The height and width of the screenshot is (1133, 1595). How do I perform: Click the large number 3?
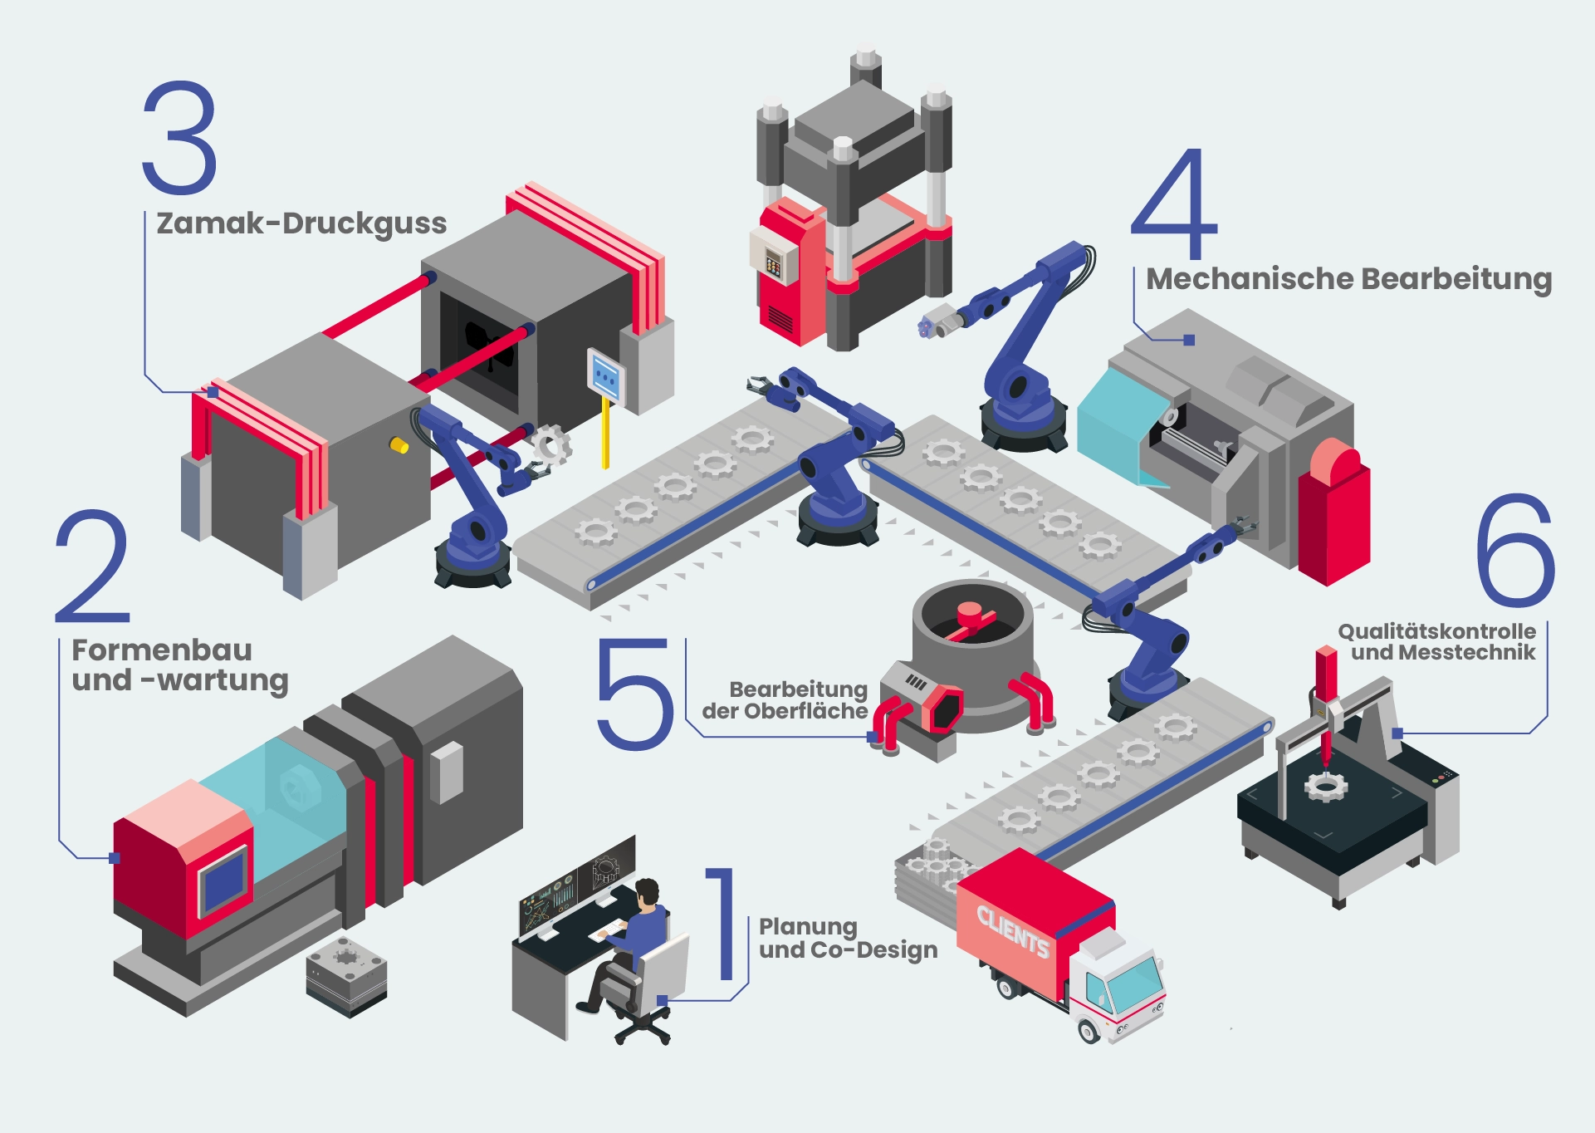click(180, 137)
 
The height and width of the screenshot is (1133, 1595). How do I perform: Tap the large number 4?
click(1174, 204)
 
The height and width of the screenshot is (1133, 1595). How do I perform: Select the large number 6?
click(1515, 550)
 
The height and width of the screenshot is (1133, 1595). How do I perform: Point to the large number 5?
click(634, 694)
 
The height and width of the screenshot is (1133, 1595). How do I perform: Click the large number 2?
click(92, 566)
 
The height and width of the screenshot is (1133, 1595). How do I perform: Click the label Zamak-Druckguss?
click(301, 224)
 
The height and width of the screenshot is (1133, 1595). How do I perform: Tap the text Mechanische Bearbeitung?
click(1349, 280)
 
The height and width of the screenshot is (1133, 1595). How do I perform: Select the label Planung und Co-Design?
click(848, 939)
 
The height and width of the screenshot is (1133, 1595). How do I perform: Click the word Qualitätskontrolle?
click(1437, 631)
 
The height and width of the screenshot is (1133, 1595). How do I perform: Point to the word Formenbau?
click(162, 650)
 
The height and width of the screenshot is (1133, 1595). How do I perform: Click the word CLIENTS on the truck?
click(1012, 931)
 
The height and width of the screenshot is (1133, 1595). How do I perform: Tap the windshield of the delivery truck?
click(1136, 985)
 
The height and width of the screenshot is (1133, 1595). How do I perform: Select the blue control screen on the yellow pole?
click(605, 376)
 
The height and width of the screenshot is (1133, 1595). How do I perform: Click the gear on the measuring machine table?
click(1325, 785)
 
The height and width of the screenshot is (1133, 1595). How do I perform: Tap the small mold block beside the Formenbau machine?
click(346, 976)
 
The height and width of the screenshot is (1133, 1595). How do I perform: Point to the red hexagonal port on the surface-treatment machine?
click(942, 709)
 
